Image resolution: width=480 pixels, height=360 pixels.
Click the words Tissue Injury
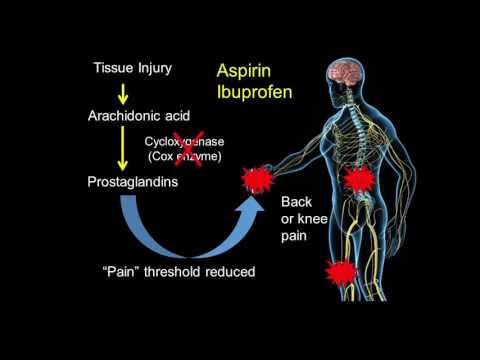132,68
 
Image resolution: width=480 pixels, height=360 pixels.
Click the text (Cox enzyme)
184,158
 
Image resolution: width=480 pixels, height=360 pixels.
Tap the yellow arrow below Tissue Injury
122,92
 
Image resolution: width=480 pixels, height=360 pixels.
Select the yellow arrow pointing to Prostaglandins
122,149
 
